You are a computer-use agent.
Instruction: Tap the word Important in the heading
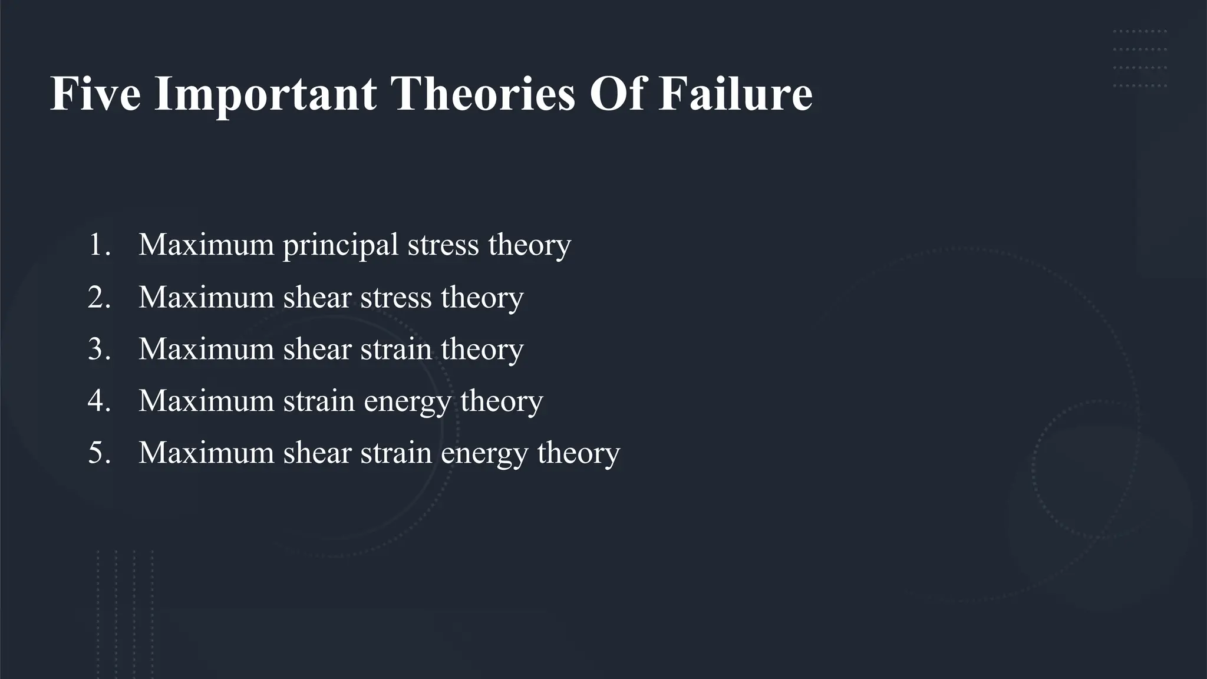click(x=265, y=94)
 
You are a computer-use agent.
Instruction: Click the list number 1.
click(x=98, y=244)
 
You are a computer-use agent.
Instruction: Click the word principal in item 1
click(x=341, y=245)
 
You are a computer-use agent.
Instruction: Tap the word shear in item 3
click(x=317, y=348)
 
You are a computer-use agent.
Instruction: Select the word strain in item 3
click(x=395, y=348)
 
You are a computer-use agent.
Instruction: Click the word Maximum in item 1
click(x=206, y=244)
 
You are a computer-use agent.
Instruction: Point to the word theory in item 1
click(x=529, y=245)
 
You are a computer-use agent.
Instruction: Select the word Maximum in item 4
click(x=206, y=400)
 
